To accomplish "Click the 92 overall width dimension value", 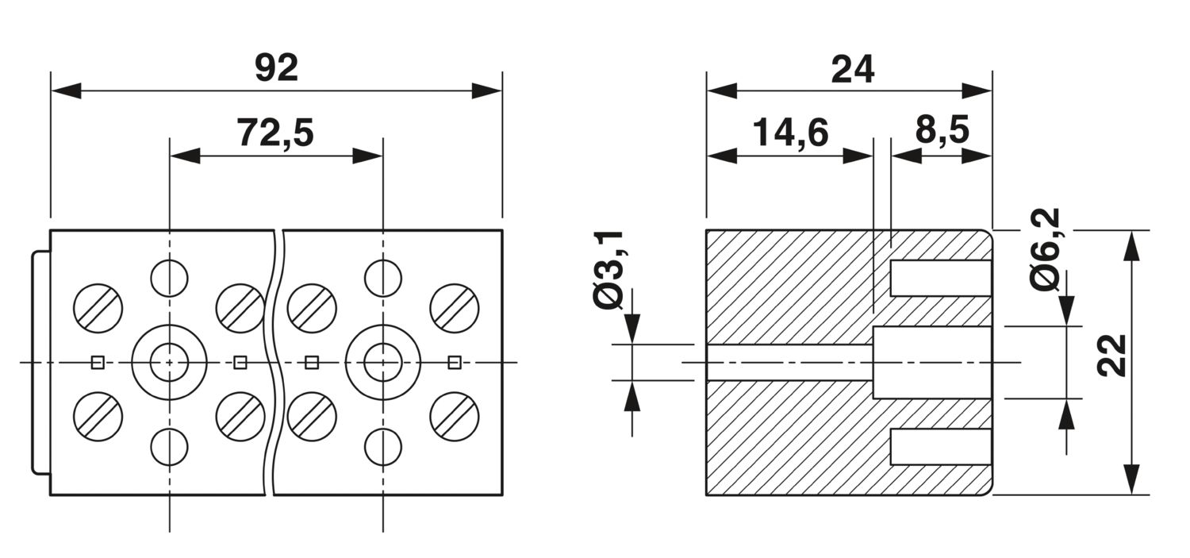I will pyautogui.click(x=276, y=69).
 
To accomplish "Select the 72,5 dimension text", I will pyautogui.click(x=275, y=133).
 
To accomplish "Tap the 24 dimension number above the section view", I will pyautogui.click(x=852, y=70).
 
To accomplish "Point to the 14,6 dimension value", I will pyautogui.click(x=790, y=133).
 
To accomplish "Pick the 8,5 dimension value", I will pyautogui.click(x=942, y=131).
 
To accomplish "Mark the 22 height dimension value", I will pyautogui.click(x=1113, y=355).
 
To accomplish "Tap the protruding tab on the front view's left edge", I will pyautogui.click(x=40, y=362).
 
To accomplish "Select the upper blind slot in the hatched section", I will pyautogui.click(x=940, y=278).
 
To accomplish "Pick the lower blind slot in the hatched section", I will pyautogui.click(x=940, y=446).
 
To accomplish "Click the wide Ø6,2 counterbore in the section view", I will pyautogui.click(x=932, y=362).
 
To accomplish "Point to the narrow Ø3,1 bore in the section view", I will pyautogui.click(x=789, y=362).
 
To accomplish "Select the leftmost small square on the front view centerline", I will pyautogui.click(x=98, y=363).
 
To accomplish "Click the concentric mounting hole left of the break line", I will pyautogui.click(x=169, y=363).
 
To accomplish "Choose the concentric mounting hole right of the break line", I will pyautogui.click(x=383, y=363).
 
